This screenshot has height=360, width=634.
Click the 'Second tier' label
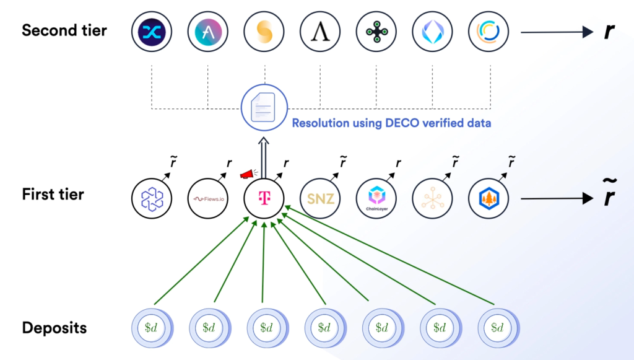[64, 30]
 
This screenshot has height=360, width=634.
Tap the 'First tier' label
[53, 194]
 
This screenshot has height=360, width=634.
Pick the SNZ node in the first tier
[320, 198]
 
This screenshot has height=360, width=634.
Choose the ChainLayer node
[376, 198]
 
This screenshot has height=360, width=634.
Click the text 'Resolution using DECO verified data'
[391, 123]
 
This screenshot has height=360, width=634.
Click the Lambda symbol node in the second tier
[320, 31]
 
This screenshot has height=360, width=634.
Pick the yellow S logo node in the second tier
[264, 31]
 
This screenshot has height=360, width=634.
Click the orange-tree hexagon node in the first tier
[489, 198]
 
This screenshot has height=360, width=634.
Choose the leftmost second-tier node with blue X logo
[152, 31]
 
